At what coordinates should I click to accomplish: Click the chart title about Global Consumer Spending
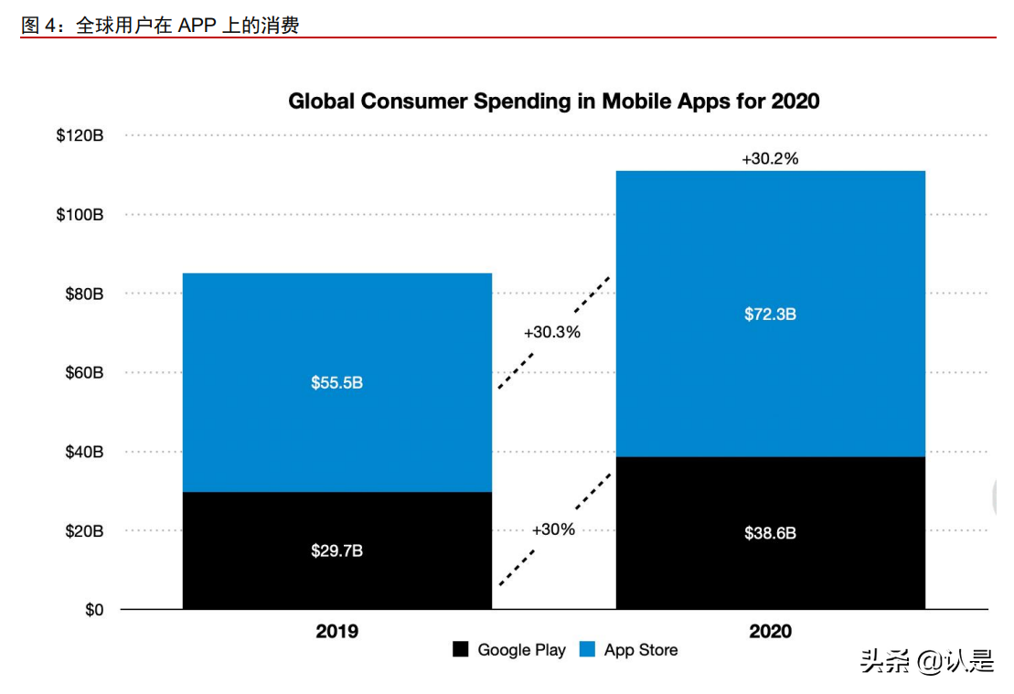[553, 101]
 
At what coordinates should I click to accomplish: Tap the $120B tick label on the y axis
[80, 135]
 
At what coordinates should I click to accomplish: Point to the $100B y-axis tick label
[80, 215]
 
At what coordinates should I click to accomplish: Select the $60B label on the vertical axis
[83, 373]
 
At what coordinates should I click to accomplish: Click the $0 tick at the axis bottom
[94, 610]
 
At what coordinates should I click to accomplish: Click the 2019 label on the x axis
[337, 631]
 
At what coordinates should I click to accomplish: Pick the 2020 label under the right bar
[770, 631]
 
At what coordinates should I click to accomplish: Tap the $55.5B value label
[336, 383]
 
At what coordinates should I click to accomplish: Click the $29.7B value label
[336, 551]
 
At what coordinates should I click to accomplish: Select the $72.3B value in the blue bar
[770, 315]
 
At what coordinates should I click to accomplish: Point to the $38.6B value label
[770, 533]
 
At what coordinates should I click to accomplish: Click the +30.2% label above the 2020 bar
[770, 159]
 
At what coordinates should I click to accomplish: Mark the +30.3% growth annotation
[552, 333]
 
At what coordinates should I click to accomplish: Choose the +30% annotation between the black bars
[553, 529]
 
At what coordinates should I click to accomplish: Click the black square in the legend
[461, 650]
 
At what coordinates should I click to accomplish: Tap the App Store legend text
[641, 650]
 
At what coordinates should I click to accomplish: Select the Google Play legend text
[521, 650]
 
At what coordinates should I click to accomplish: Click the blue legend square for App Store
[588, 650]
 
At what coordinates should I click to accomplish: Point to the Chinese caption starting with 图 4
[160, 26]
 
